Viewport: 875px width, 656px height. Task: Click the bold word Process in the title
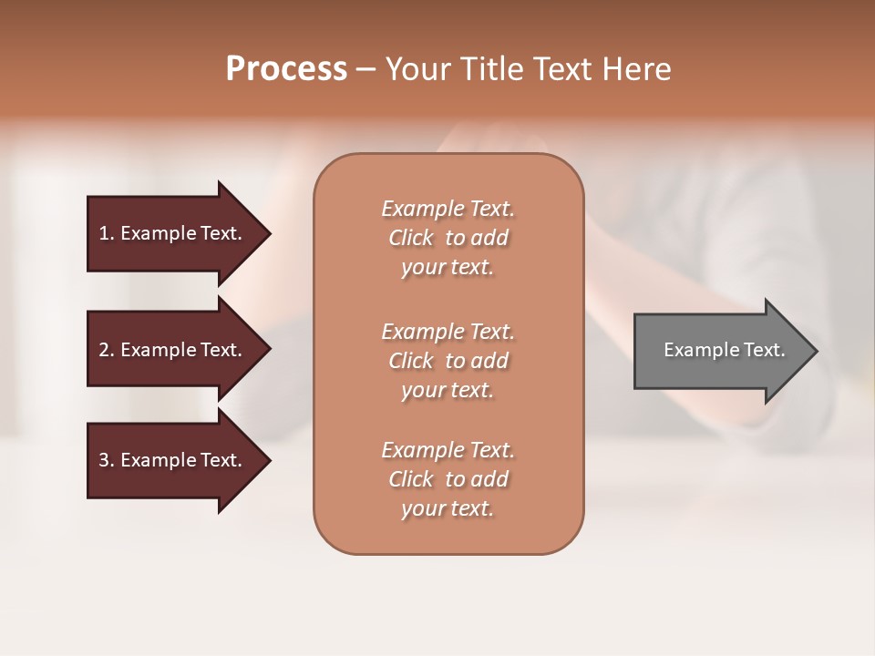coord(286,69)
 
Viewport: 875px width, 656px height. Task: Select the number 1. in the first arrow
coord(107,233)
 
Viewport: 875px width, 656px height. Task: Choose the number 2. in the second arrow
coord(107,350)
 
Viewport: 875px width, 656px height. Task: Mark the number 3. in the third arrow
coord(107,460)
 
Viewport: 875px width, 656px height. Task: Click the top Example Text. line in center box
coord(448,209)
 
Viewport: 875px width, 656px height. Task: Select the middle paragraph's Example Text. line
coord(448,332)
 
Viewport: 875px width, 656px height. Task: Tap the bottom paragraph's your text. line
coord(448,508)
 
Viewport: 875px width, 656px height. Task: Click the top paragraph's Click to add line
coord(448,238)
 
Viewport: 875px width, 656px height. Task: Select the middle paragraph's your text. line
coord(448,390)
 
